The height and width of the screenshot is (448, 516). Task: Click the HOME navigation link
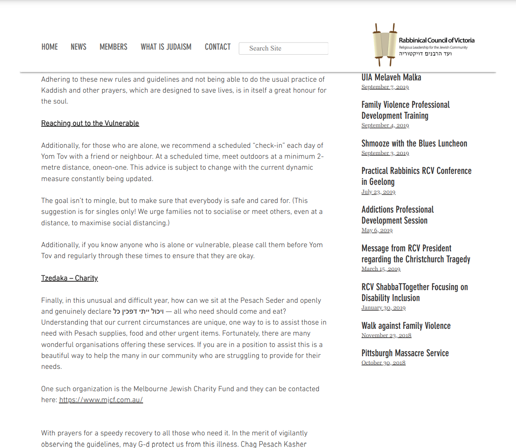(x=50, y=47)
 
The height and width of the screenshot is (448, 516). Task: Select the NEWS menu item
(x=78, y=47)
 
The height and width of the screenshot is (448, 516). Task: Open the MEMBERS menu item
(x=113, y=47)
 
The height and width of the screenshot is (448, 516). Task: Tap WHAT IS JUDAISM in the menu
(x=166, y=47)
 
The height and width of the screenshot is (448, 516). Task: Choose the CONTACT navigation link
(x=218, y=47)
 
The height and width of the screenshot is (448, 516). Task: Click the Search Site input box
(x=283, y=48)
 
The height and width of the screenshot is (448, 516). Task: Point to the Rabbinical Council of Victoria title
(x=436, y=40)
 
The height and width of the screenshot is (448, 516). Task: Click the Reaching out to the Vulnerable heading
(x=90, y=123)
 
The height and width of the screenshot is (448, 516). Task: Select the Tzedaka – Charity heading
(x=69, y=278)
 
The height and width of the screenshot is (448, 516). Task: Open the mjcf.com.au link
(x=101, y=400)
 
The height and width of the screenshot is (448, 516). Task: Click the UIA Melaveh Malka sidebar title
(x=391, y=77)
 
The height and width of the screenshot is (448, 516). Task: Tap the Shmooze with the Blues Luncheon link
(x=414, y=144)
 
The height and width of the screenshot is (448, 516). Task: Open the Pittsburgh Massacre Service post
(x=405, y=353)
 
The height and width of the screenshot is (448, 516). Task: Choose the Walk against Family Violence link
(x=406, y=326)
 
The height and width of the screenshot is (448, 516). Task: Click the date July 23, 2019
(x=378, y=192)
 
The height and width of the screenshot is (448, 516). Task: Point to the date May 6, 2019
(x=377, y=230)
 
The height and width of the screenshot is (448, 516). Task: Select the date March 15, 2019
(x=381, y=269)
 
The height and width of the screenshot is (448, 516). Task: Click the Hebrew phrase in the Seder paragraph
(x=138, y=312)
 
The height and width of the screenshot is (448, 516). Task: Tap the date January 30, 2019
(x=383, y=308)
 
